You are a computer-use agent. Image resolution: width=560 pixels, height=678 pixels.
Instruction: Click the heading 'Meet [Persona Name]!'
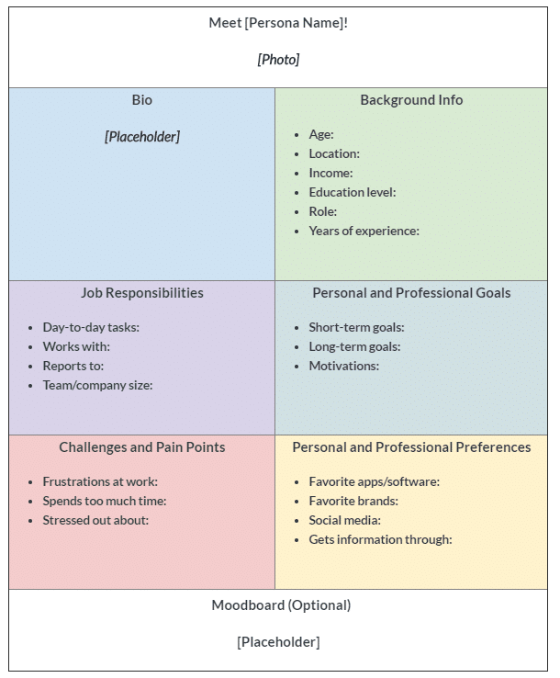click(278, 22)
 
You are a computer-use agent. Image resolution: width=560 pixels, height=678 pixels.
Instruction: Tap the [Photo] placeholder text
click(278, 60)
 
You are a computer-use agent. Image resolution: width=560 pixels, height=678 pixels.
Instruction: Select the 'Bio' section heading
click(141, 100)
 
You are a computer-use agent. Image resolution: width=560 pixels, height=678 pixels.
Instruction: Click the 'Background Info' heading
click(411, 100)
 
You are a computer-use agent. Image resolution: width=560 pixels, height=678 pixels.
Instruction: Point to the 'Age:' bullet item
click(321, 134)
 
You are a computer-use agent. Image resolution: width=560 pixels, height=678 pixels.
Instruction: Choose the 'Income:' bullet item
click(330, 173)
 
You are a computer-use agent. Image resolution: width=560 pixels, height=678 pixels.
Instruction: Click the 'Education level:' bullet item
click(353, 192)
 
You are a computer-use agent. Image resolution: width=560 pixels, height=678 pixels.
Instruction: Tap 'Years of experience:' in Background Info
click(364, 231)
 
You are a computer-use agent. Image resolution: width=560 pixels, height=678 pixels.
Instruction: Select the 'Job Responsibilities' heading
click(141, 293)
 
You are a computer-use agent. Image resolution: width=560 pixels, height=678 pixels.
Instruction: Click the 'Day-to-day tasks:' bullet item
click(91, 327)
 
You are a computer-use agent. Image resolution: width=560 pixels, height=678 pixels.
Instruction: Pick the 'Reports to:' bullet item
click(73, 366)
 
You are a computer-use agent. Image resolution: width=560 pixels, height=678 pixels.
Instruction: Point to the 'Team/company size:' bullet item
click(97, 385)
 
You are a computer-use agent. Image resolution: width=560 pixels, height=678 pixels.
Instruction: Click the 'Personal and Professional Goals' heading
click(411, 293)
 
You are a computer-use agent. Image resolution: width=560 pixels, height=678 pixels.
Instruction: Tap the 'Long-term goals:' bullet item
click(354, 346)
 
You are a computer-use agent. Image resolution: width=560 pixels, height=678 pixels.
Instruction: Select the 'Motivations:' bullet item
click(343, 366)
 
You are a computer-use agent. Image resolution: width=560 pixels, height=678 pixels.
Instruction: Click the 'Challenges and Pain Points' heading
click(141, 447)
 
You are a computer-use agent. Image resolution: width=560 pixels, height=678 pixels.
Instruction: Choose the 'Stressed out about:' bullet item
click(95, 520)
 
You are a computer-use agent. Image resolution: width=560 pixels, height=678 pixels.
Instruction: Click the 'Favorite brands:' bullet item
click(353, 501)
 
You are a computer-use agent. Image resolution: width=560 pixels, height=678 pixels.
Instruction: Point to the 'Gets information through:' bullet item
click(380, 539)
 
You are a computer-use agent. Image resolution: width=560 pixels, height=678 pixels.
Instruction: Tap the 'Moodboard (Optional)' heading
click(281, 605)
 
